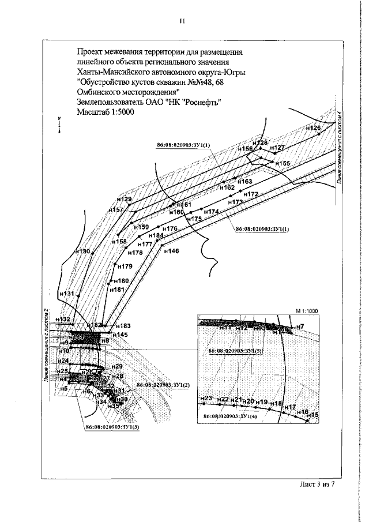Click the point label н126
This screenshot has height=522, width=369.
click(312, 127)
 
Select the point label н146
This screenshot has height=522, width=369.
click(171, 251)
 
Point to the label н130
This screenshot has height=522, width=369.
click(83, 252)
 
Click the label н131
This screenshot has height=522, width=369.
click(67, 294)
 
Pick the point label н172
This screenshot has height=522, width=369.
click(250, 194)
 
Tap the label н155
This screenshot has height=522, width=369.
click(283, 164)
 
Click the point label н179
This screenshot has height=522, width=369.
click(125, 266)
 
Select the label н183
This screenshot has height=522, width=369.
click(123, 326)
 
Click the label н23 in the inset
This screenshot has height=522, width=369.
click(206, 399)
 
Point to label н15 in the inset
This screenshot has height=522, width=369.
click(313, 415)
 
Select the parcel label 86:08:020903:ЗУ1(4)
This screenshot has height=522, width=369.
click(231, 415)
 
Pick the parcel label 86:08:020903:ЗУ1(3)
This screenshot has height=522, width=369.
click(112, 427)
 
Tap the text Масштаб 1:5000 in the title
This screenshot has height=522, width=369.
click(104, 112)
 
